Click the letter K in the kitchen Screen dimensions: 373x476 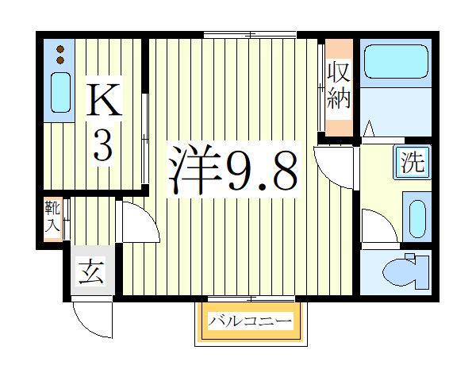(x=103, y=102)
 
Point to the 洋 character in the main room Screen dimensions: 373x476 (x=193, y=169)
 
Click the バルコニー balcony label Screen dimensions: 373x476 (x=250, y=321)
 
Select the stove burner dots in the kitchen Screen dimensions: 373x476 (x=60, y=55)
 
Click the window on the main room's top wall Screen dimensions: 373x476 (x=250, y=34)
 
